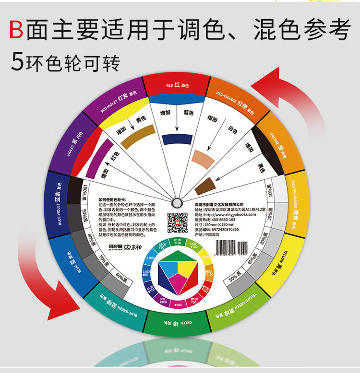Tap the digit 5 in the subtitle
(x=17, y=63)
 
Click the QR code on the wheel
(x=176, y=222)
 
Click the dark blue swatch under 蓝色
(x=177, y=139)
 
